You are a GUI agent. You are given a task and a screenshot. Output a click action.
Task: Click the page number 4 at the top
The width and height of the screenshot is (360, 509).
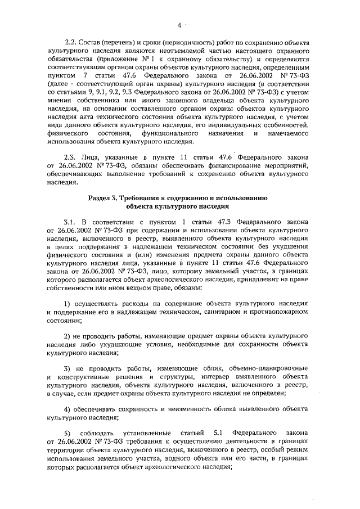pyautogui.click(x=179, y=25)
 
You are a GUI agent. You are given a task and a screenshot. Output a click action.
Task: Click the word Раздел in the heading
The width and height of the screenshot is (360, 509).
pyautogui.click(x=101, y=198)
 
